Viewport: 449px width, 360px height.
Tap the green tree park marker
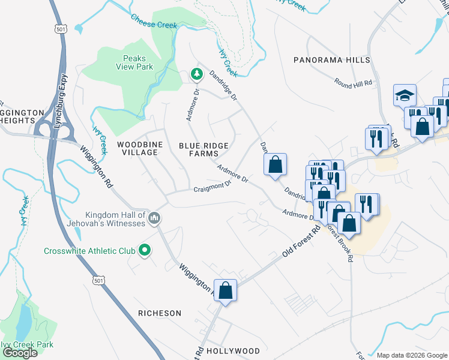(x=196, y=74)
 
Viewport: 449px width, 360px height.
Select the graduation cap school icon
(x=405, y=95)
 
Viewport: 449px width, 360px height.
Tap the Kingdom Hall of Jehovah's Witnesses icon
(x=154, y=217)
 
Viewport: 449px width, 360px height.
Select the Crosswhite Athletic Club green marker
(x=144, y=250)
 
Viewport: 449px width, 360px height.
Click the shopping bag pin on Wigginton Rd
(x=225, y=291)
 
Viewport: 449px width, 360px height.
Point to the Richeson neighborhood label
(x=160, y=313)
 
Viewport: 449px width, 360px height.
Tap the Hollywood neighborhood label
(x=233, y=351)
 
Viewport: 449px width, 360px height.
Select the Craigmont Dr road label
(x=212, y=188)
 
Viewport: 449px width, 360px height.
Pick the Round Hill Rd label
(x=353, y=85)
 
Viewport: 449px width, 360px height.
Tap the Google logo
(x=20, y=352)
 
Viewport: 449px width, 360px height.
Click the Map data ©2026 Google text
(x=411, y=355)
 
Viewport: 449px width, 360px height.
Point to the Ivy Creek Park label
(x=26, y=344)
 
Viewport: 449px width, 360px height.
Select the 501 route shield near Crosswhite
(x=100, y=280)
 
